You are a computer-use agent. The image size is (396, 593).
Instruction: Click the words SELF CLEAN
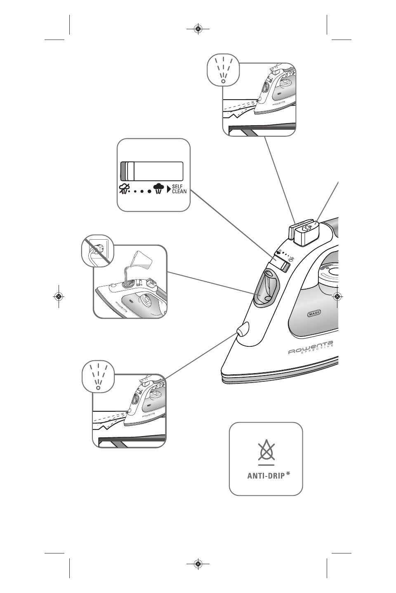179,189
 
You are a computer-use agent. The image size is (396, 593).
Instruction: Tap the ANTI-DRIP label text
266,476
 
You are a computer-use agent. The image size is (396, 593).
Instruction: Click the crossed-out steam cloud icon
123,189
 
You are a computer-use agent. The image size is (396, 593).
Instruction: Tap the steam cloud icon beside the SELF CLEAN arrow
158,189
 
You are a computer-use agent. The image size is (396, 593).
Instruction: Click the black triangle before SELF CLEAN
169,189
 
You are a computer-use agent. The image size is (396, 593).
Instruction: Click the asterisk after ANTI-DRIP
288,474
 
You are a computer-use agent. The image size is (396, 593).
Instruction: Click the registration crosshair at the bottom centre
198,564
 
